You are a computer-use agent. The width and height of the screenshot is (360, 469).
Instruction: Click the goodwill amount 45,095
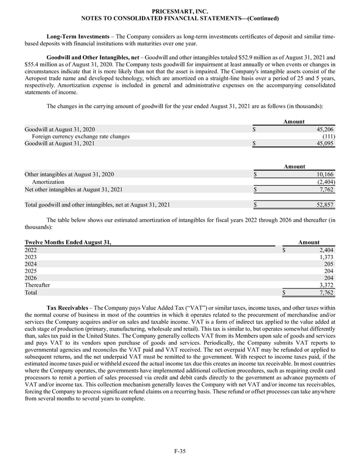(324, 144)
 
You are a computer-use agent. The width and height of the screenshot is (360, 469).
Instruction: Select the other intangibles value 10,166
(324, 174)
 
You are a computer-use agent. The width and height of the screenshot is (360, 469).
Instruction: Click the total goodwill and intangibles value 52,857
(324, 205)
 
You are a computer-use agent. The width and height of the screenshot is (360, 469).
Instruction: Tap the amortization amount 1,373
(325, 257)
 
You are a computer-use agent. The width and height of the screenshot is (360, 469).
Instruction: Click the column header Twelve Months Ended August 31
(67, 242)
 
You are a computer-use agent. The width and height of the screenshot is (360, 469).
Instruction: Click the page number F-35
(180, 450)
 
